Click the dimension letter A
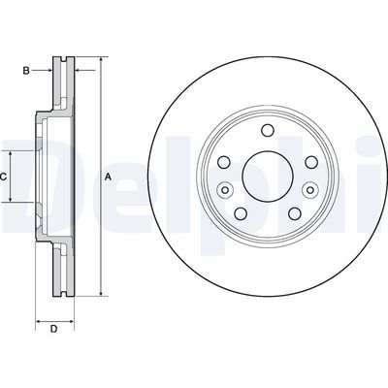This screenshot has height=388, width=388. pos(108,176)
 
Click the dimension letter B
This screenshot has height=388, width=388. pos(28,70)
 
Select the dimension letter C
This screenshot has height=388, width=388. pos(4,177)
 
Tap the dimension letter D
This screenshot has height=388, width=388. pos(54,329)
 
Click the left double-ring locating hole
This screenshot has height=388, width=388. pos(223,190)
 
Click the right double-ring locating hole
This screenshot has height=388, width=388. pos(310,190)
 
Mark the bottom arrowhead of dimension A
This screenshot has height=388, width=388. pos(99,293)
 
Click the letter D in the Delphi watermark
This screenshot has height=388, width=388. pos(29,177)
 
